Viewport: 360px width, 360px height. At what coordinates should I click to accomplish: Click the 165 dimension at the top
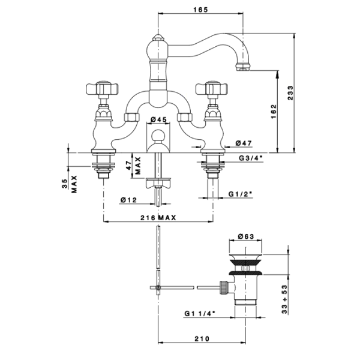(201, 9)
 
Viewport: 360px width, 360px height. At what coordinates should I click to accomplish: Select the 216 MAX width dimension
(158, 218)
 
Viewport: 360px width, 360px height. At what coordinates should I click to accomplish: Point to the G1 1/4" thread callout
(198, 313)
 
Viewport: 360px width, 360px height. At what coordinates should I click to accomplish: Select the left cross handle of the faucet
(100, 90)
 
